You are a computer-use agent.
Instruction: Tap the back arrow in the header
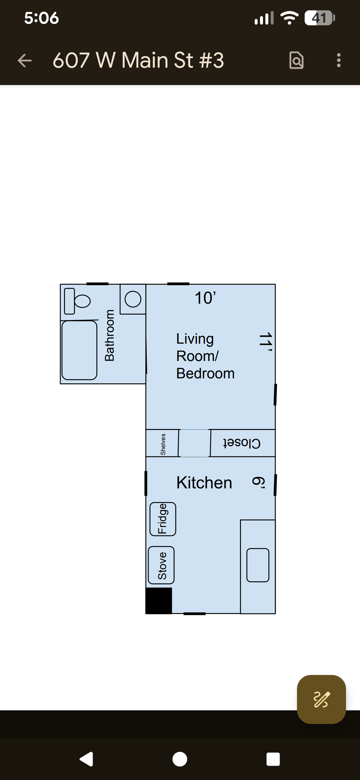click(25, 60)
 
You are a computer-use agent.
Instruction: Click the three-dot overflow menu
click(339, 60)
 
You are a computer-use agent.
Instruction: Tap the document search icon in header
click(296, 60)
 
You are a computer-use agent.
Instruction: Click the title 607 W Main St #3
click(138, 60)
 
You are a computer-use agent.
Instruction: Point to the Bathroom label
click(109, 335)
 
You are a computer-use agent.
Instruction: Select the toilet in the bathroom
click(77, 301)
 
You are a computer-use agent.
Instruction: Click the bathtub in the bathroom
click(79, 350)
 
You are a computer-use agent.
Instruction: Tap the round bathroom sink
click(133, 299)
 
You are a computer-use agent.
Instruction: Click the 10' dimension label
click(205, 298)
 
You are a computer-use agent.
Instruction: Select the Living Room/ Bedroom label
click(205, 356)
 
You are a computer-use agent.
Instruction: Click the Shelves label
click(163, 444)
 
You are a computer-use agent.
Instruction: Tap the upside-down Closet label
click(242, 443)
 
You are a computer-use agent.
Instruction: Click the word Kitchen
click(204, 483)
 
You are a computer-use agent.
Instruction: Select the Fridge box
click(163, 519)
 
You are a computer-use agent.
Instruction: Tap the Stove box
click(161, 565)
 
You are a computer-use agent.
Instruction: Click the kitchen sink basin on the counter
click(258, 565)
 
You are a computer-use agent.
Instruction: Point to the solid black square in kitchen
click(159, 600)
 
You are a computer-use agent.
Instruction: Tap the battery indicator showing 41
click(320, 18)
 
